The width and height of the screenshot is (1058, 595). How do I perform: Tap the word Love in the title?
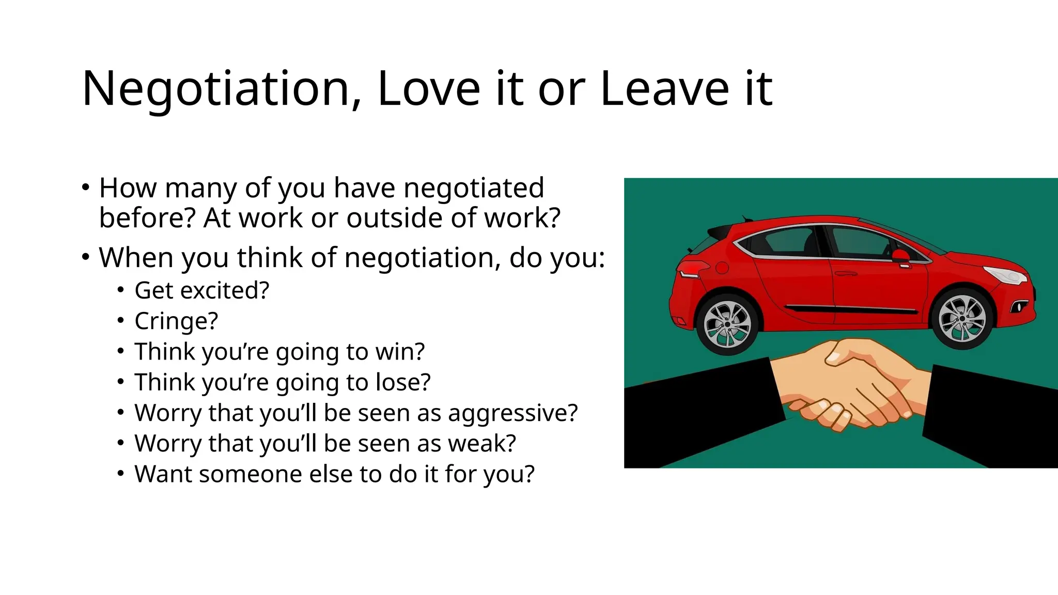[x=429, y=89]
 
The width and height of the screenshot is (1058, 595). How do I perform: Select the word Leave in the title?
[x=664, y=89]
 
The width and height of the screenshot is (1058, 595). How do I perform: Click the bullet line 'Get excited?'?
[x=201, y=290]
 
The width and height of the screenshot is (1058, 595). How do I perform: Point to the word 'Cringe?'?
[x=176, y=321]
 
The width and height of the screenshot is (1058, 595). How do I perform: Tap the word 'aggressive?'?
[x=512, y=413]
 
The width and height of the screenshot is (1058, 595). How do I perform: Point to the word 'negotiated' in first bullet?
[x=474, y=187]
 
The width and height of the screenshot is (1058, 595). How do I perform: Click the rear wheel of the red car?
[x=728, y=324]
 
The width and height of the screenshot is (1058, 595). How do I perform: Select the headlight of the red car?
[x=1004, y=274]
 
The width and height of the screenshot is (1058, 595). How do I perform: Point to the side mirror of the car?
[x=901, y=256]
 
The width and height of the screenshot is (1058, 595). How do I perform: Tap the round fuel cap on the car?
[x=722, y=268]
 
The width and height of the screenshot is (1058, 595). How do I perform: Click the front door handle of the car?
[x=846, y=273]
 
